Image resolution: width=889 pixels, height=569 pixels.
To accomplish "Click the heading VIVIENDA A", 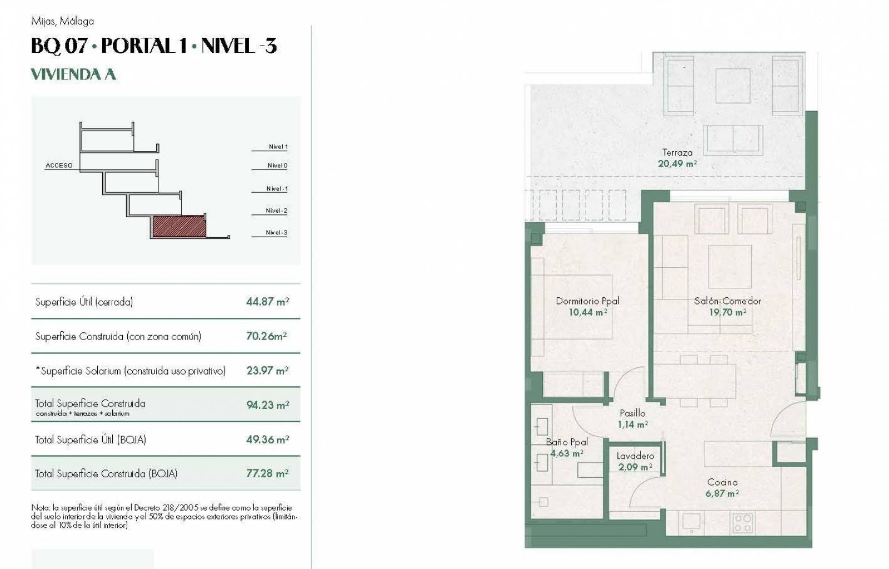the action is [73, 74].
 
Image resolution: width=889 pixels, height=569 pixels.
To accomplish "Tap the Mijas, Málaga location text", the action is [63, 22].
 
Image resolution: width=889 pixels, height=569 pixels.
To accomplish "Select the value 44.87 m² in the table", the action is [267, 302].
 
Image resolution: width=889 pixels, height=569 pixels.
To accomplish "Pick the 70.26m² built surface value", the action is [266, 336].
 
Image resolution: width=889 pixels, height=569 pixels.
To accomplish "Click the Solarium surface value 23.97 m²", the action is [267, 371].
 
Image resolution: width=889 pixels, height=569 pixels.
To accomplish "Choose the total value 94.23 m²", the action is [267, 405].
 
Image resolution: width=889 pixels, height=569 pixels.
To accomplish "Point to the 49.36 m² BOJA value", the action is [267, 440].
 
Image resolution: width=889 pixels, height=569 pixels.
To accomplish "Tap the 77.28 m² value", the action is [267, 473].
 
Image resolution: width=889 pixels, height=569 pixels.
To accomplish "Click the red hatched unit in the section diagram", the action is [179, 227].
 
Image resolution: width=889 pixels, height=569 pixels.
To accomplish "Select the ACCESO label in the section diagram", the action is [59, 166].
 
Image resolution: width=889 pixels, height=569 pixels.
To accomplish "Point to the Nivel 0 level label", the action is [277, 166].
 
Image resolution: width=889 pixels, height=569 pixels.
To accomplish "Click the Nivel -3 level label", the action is [277, 232].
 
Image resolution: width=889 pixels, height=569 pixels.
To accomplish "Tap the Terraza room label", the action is [677, 152].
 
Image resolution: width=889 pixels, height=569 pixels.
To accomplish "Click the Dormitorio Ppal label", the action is [587, 301].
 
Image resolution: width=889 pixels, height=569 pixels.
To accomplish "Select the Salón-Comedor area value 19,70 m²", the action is [728, 312].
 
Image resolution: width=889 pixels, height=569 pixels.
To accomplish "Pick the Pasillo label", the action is [633, 413].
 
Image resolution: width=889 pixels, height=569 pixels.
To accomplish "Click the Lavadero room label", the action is [636, 456].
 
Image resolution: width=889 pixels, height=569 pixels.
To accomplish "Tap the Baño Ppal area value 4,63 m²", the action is [567, 453].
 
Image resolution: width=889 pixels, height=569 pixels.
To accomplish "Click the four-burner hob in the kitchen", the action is [742, 523].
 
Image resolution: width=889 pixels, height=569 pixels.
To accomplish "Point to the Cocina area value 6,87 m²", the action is [722, 493].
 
